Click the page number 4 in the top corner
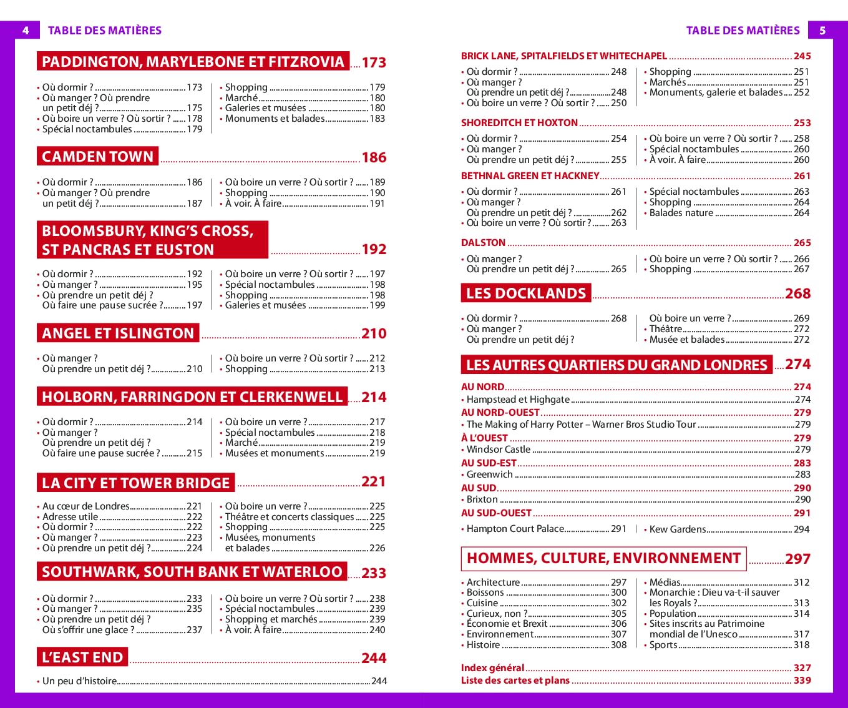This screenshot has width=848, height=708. coord(26,30)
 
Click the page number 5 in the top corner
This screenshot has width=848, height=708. coord(822,30)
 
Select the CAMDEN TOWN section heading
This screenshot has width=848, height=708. coord(97,156)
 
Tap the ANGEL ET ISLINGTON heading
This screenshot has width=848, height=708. coord(118,333)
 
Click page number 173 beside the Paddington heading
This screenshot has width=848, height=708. coord(374,62)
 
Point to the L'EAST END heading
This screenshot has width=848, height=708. coord(82,657)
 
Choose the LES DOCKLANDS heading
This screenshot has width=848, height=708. coord(526,293)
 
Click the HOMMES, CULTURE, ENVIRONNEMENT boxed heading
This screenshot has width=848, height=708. coord(603,558)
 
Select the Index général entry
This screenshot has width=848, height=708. coord(492,667)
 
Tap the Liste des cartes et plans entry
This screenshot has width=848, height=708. coord(515,680)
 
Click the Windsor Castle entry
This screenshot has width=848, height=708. coord(498,449)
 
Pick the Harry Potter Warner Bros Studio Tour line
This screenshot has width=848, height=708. coord(581,424)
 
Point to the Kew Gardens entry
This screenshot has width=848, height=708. coord(677,529)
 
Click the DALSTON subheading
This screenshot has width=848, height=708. coord(483,242)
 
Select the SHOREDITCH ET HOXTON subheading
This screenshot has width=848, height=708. coord(519,122)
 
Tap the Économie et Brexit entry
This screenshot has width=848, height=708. coord(507,623)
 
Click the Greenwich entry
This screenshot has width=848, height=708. coord(489,474)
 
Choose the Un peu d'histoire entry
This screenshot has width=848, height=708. coord(79,681)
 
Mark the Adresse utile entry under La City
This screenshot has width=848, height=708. coord(70,516)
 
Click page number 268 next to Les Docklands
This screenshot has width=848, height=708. coord(797,293)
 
